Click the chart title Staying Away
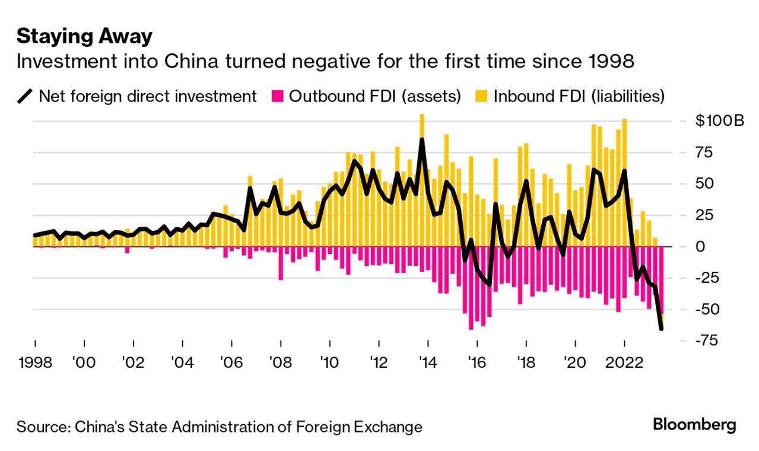pyautogui.click(x=84, y=37)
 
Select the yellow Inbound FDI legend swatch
pyautogui.click(x=482, y=96)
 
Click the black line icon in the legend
pyautogui.click(x=25, y=96)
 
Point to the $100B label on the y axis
pyautogui.click(x=719, y=122)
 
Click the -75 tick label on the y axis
pyautogui.click(x=707, y=340)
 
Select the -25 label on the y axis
pyautogui.click(x=707, y=277)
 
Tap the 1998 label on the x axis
pyautogui.click(x=35, y=361)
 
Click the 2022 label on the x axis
pyautogui.click(x=624, y=361)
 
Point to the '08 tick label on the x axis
pyautogui.click(x=280, y=361)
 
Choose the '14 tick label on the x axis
pyautogui.click(x=427, y=361)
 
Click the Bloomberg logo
pyautogui.click(x=694, y=425)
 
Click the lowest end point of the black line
pyautogui.click(x=661, y=328)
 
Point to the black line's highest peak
pyautogui.click(x=422, y=139)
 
